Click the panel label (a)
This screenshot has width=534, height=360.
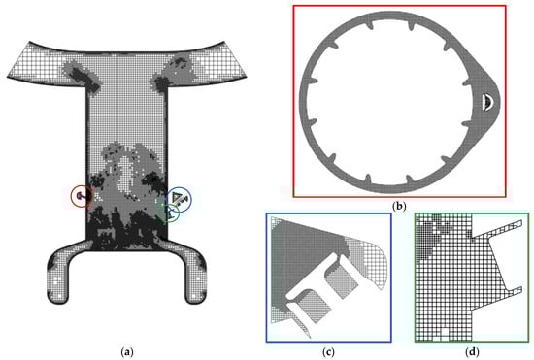[x=126, y=352]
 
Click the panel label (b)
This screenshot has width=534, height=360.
[x=399, y=206]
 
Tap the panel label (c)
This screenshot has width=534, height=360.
[x=328, y=352]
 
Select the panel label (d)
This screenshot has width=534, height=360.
[x=472, y=352]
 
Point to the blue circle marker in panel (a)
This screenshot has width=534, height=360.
[x=191, y=199]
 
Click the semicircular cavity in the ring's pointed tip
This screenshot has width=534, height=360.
[x=488, y=102]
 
